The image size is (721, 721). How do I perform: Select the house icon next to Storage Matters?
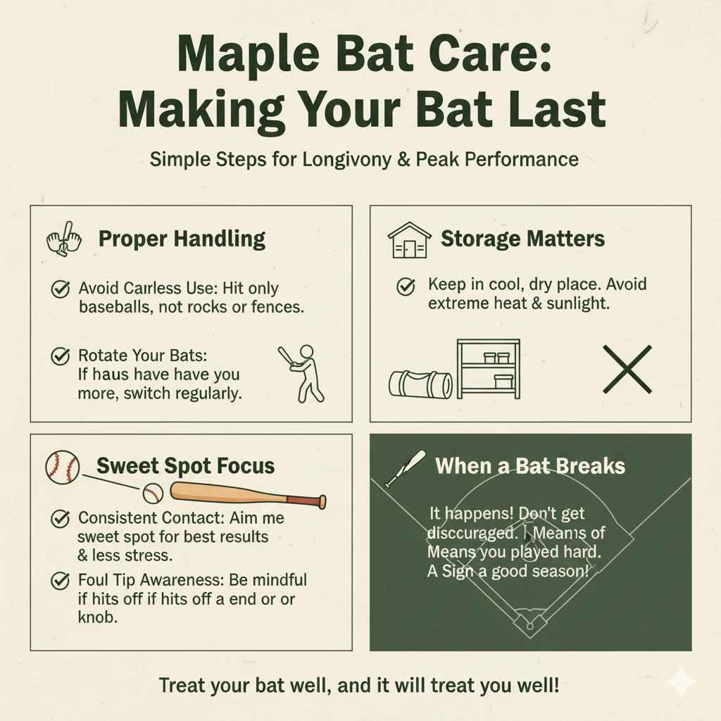[409, 240]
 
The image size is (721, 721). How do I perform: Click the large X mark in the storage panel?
[627, 369]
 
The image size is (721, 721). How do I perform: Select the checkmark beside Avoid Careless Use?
[61, 288]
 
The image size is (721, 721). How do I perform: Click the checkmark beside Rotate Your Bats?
[61, 356]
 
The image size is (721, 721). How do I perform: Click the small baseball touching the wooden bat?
[153, 493]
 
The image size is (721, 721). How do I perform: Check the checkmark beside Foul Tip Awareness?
[61, 581]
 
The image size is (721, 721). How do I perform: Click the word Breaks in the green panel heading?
[590, 466]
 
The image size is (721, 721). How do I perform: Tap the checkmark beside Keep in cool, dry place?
[405, 287]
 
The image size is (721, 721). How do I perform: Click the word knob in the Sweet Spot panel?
[96, 617]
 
